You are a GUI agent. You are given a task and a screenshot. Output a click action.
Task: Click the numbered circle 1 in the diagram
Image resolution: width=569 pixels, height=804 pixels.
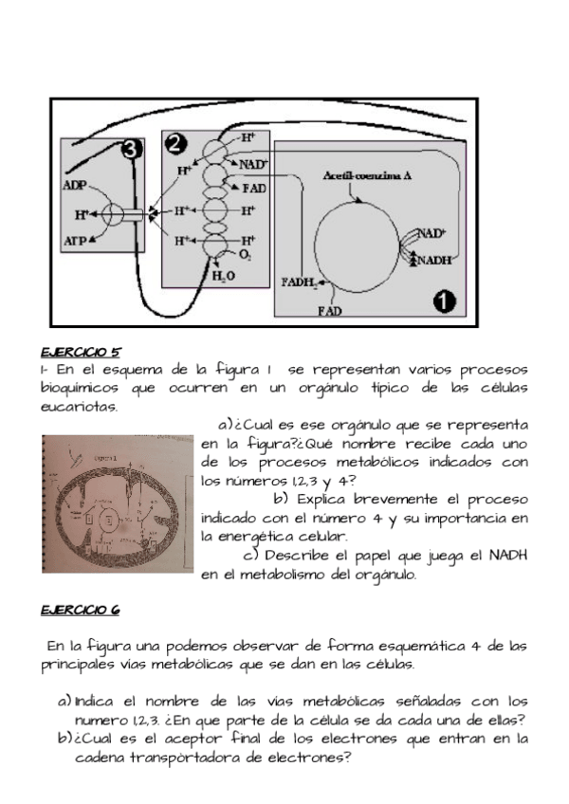(443, 301)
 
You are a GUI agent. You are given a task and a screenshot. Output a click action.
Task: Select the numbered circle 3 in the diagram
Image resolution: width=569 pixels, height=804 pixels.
(133, 149)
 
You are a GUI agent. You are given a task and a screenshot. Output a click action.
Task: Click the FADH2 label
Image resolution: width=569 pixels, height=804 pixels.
(302, 281)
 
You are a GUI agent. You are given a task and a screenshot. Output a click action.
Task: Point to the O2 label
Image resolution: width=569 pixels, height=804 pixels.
(246, 255)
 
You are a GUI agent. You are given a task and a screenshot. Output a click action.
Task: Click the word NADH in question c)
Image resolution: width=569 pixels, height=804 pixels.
(504, 556)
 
